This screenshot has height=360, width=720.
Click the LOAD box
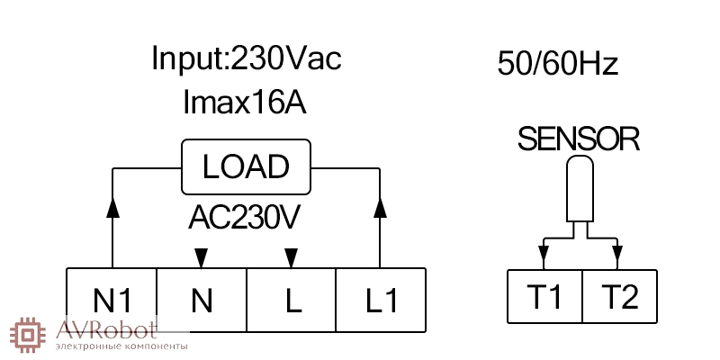[x=246, y=167]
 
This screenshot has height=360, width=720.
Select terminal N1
[x=112, y=300]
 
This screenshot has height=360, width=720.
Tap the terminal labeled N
[x=202, y=300]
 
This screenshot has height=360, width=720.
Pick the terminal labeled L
[x=291, y=300]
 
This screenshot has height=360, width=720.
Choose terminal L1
[x=381, y=300]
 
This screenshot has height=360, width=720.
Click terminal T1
[x=545, y=296]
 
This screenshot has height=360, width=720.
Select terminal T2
[x=620, y=296]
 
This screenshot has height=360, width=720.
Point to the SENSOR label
[x=579, y=139]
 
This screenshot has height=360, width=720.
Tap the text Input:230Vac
[x=247, y=58]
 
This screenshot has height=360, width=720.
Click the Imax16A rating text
[x=244, y=102]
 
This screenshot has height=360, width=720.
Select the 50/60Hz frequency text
[x=558, y=64]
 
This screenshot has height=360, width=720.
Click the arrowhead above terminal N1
[x=112, y=208]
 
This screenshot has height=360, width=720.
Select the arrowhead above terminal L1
[x=380, y=208]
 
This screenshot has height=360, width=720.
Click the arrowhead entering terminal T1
[x=544, y=253]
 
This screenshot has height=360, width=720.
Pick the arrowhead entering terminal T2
[x=617, y=253]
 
